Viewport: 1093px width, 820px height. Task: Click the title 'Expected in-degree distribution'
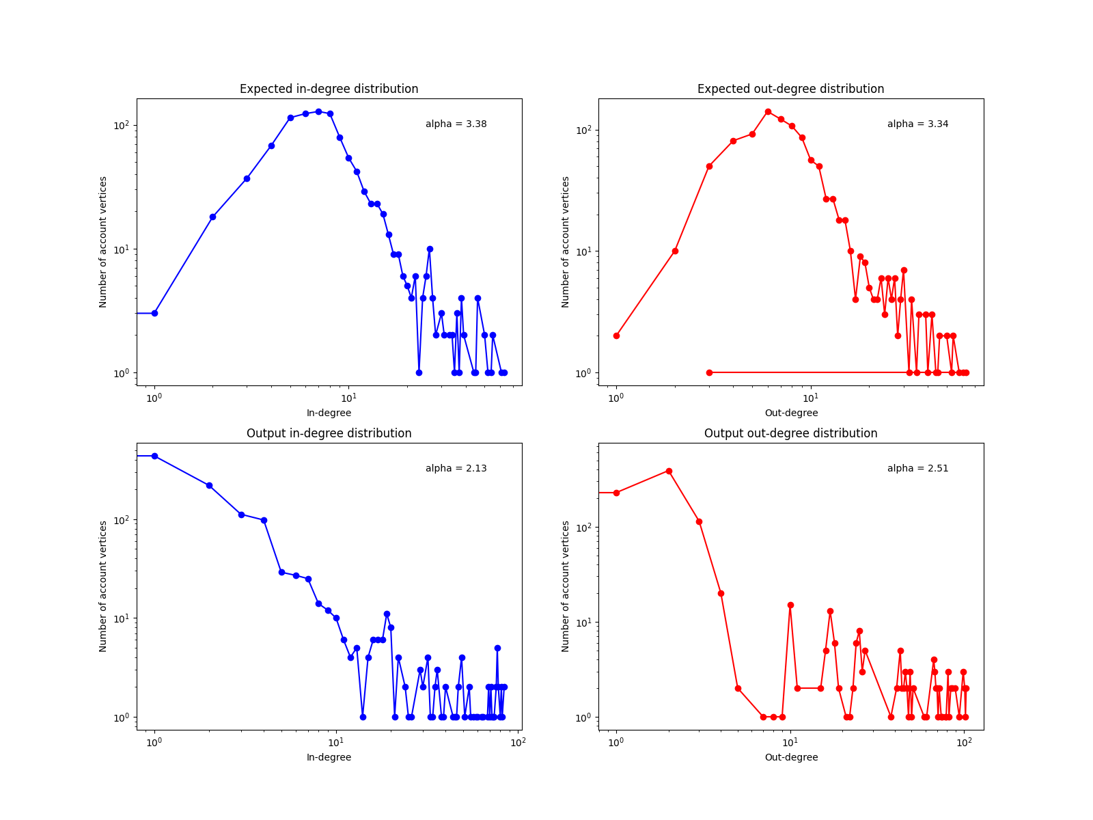tap(329, 89)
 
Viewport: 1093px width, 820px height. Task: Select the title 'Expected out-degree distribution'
tap(790, 89)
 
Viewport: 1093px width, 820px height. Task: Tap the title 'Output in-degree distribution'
tap(329, 433)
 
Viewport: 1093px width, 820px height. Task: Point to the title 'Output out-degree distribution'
tap(790, 433)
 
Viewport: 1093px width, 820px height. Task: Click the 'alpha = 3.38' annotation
tap(456, 124)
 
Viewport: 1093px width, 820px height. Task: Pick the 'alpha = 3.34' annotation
tap(917, 124)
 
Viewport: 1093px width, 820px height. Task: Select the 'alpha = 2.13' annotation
tap(456, 469)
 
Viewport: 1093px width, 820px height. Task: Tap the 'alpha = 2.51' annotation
tap(917, 469)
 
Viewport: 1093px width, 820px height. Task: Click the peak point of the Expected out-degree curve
tap(768, 111)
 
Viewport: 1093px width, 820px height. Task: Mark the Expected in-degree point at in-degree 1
tap(154, 313)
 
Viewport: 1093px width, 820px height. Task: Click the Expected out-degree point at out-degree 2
tap(675, 251)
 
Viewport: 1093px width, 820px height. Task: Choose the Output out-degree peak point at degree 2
tap(669, 471)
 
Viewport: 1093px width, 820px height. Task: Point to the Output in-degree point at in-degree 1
tap(154, 456)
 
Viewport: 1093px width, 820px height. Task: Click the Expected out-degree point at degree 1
tap(616, 336)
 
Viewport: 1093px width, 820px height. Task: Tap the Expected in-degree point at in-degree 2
tap(212, 217)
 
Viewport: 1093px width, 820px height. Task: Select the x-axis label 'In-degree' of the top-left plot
tap(329, 413)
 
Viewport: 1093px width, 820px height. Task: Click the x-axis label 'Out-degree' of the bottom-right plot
tap(790, 758)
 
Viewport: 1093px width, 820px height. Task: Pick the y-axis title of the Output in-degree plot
tap(104, 586)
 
